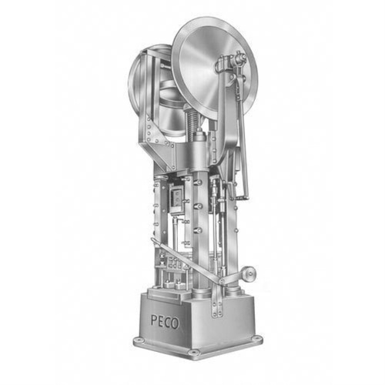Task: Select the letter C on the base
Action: point(167,323)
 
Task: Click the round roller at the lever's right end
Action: point(248,273)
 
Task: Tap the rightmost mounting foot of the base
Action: point(256,338)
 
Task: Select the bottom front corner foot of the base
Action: point(195,353)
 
